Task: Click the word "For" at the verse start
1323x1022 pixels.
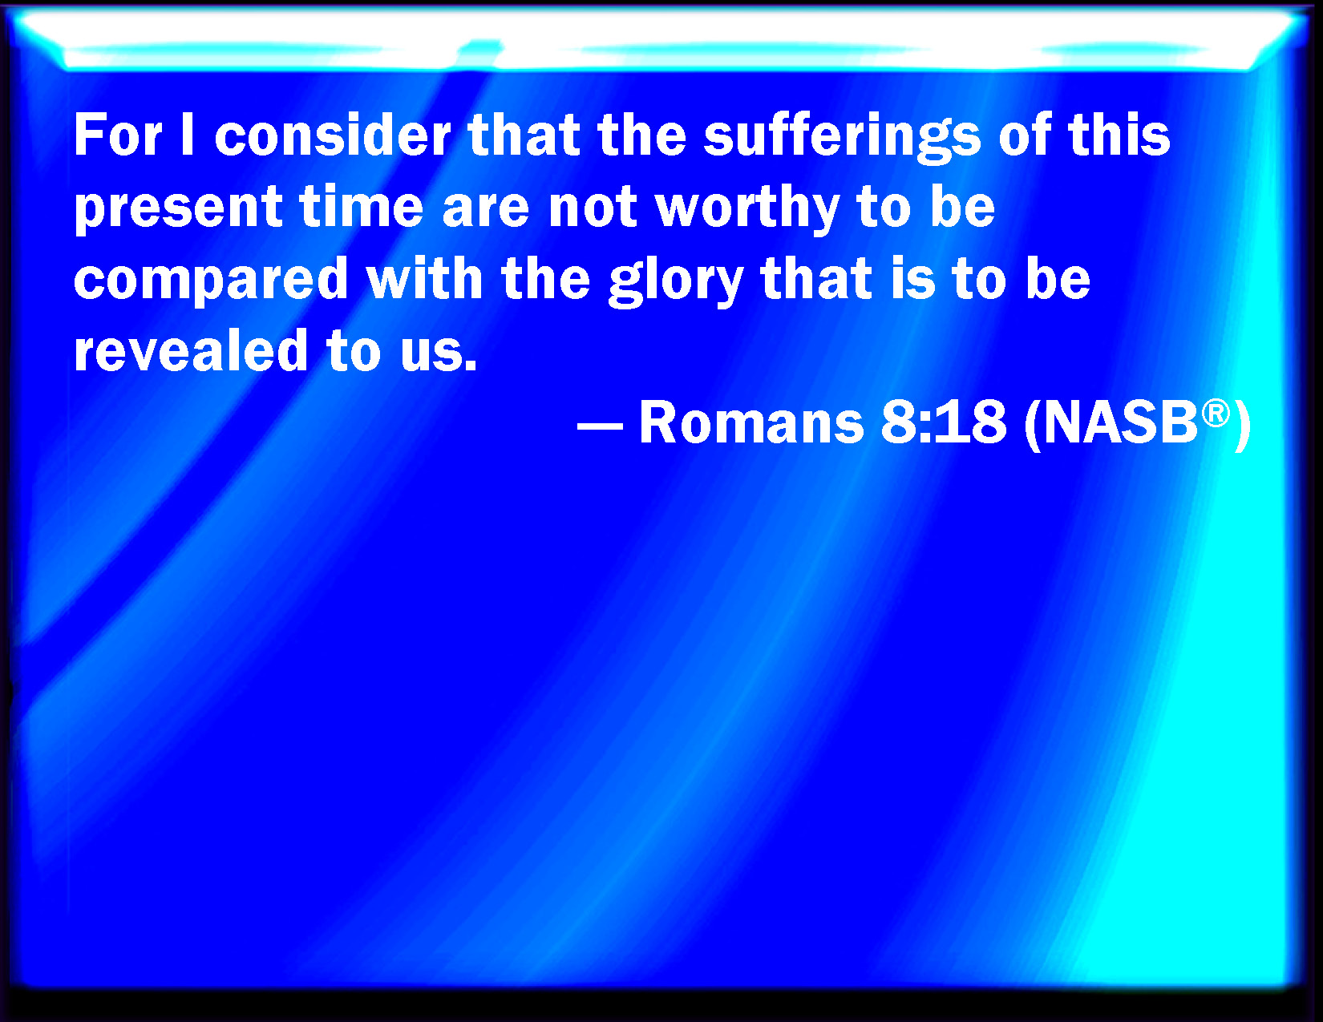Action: [x=118, y=135]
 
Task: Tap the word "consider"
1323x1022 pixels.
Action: [x=333, y=135]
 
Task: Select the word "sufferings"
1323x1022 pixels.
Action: [x=842, y=138]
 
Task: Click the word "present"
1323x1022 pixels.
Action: [x=178, y=208]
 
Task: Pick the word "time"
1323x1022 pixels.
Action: [x=362, y=206]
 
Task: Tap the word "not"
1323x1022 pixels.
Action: [x=593, y=207]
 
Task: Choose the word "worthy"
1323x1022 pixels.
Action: [x=747, y=209]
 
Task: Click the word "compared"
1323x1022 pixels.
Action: [x=211, y=281]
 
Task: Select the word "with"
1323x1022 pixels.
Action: [x=424, y=277]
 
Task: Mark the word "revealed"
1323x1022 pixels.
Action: [x=191, y=350]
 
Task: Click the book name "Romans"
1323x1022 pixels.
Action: [x=751, y=422]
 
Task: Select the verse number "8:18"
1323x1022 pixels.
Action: [x=944, y=422]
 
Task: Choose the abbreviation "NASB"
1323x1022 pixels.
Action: [x=1121, y=422]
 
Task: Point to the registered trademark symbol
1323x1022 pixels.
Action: [x=1216, y=414]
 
